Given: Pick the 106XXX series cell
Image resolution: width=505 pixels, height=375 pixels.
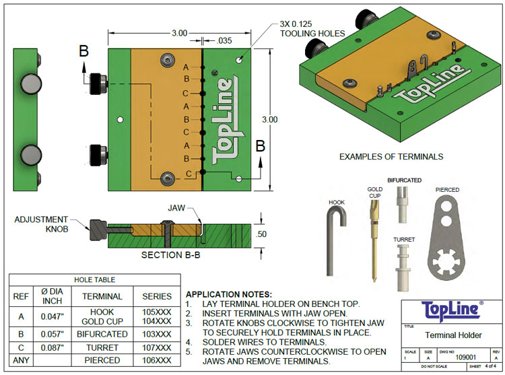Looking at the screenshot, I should (x=156, y=361).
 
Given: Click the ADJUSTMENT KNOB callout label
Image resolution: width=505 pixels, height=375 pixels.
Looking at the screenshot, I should (x=41, y=224).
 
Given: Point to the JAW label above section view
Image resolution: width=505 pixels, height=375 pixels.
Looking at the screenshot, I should (x=176, y=209).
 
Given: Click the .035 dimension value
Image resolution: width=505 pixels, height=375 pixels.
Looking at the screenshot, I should (x=225, y=40).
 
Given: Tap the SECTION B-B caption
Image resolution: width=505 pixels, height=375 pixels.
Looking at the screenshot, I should (x=170, y=255).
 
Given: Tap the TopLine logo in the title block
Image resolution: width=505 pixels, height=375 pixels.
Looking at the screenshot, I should (x=452, y=310).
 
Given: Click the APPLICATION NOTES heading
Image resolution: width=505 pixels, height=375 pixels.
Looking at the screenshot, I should (x=228, y=295).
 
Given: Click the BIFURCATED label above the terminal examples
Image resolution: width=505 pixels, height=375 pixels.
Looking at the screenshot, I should (x=404, y=180).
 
